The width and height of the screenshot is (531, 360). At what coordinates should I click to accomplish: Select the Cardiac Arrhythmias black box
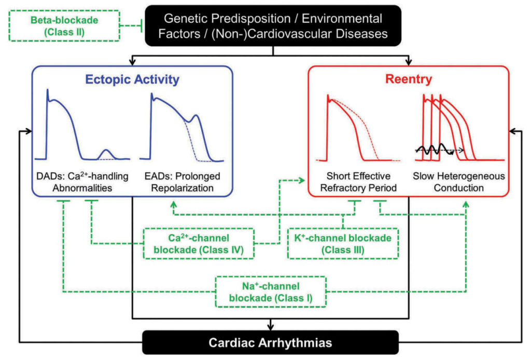coord(270,342)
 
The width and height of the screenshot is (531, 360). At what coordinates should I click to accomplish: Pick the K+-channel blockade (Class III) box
coord(343,243)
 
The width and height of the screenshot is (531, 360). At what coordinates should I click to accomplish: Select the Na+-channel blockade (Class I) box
coord(270,292)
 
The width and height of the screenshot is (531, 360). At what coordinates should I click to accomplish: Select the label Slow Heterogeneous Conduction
coord(458,182)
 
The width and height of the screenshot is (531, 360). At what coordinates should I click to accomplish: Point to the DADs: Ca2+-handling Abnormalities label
coord(82,182)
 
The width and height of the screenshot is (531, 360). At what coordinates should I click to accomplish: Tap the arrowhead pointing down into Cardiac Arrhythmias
coord(270,327)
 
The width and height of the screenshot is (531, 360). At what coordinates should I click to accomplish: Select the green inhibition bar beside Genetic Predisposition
coord(143,25)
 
